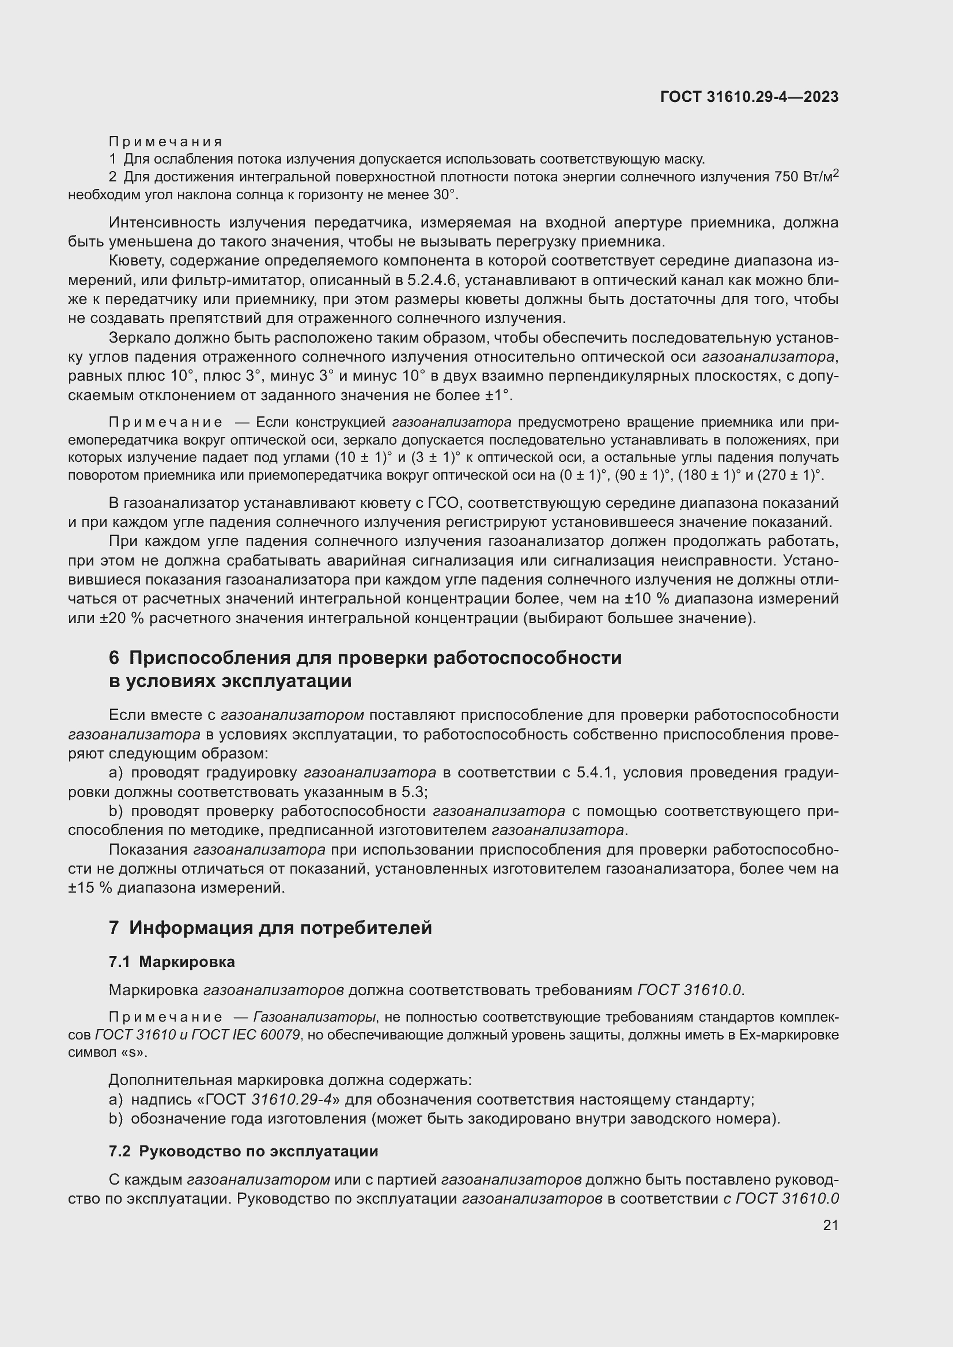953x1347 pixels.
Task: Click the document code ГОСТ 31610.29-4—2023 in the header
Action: (x=749, y=97)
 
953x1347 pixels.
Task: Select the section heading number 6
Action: (x=114, y=658)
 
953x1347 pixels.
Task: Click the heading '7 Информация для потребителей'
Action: (x=271, y=928)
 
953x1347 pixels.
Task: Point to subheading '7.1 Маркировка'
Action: (x=172, y=962)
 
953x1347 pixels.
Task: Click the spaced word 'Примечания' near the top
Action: (x=165, y=142)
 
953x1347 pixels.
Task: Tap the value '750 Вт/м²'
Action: (x=805, y=177)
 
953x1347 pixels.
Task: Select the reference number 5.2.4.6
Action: (x=432, y=280)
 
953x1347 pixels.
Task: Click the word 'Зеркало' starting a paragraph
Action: (x=139, y=337)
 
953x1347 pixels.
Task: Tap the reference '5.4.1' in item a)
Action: (x=595, y=773)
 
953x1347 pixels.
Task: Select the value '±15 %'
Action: (x=90, y=887)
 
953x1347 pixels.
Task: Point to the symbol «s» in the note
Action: (x=133, y=1052)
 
